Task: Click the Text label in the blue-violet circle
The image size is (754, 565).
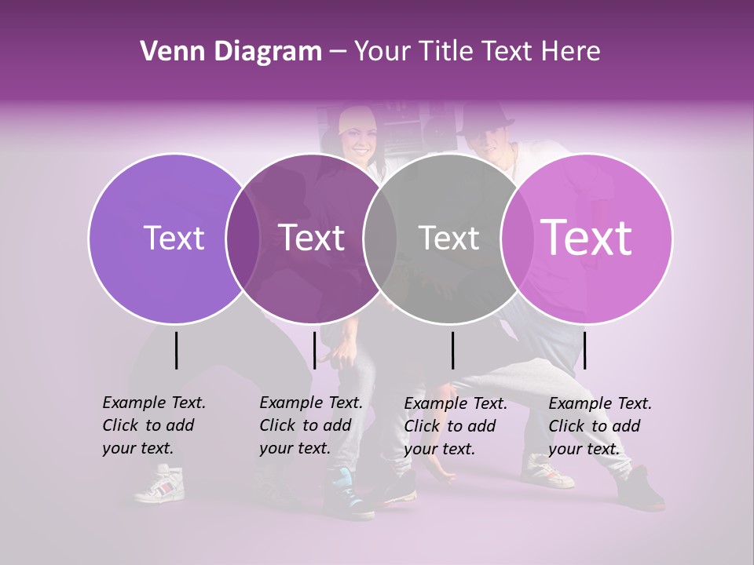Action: (x=174, y=238)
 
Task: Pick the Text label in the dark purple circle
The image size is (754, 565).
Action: (x=311, y=238)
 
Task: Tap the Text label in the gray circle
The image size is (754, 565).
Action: (x=448, y=238)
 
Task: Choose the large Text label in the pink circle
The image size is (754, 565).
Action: (x=586, y=237)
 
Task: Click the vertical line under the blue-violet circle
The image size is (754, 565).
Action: (x=176, y=350)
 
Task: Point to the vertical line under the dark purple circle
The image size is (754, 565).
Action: (x=314, y=350)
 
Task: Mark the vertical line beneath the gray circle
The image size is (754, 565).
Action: (x=452, y=350)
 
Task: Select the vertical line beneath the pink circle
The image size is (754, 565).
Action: (x=584, y=350)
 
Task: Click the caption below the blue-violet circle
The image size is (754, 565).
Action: (x=153, y=425)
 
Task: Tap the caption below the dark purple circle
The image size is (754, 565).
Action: (x=310, y=425)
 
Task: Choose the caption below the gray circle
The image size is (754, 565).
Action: (x=455, y=426)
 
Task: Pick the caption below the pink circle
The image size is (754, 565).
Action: (x=599, y=426)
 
